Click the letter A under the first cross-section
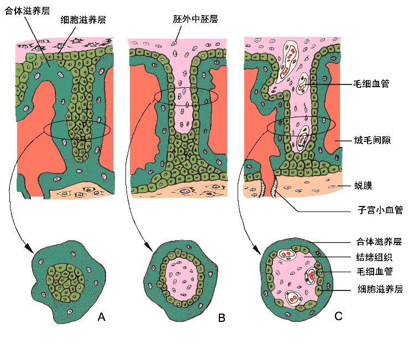102,317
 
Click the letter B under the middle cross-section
222,317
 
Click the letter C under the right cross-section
338,316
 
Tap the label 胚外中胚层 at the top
195,19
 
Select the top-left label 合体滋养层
27,10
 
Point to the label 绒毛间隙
372,140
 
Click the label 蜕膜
363,185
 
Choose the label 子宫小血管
380,210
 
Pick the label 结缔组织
374,257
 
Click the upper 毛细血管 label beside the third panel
371,84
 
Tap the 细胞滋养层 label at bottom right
380,289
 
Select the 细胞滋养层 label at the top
83,19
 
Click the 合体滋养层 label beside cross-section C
379,241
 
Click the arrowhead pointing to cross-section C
256,250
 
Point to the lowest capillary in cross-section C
293,299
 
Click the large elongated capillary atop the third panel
288,61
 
